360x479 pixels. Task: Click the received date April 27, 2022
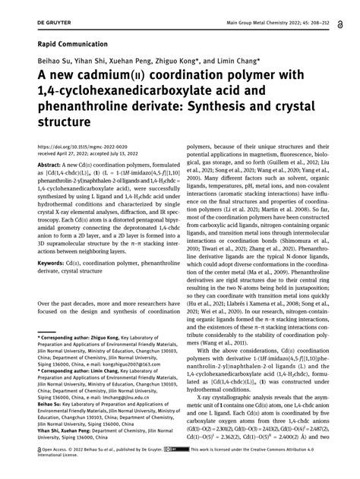tap(77, 150)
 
